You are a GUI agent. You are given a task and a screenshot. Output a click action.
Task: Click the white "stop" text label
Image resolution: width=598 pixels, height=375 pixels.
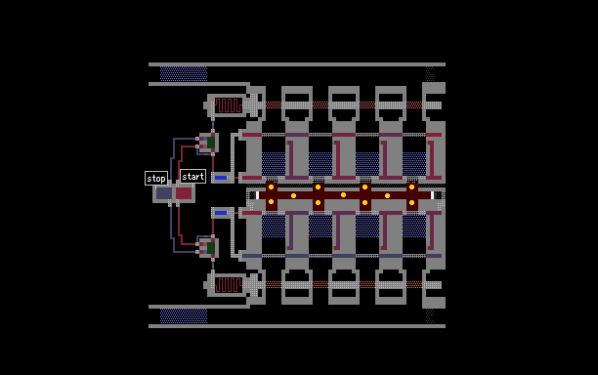coord(156,179)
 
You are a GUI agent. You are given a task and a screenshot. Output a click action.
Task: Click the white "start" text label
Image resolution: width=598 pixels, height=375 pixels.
coord(192,177)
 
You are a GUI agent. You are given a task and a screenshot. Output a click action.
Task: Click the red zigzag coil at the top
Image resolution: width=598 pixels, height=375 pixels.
coord(228,105)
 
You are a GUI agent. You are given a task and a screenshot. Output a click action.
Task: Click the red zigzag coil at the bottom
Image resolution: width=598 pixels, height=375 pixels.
coord(228,285)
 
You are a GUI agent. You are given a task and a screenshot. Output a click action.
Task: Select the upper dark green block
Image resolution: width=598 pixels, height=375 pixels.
coord(211,143)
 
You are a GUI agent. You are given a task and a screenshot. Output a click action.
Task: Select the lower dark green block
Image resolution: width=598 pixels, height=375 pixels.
coord(211,248)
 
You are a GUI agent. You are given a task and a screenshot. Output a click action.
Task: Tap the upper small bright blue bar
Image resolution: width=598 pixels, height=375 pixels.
coord(221,178)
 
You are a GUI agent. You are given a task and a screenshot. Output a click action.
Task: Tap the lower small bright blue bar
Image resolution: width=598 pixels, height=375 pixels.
coord(221,213)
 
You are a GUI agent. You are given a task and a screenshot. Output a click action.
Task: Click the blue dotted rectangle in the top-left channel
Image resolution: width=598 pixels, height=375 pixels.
coord(184,74)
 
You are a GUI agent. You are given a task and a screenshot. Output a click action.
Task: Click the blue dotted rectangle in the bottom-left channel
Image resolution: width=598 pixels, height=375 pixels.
coord(184,316)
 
